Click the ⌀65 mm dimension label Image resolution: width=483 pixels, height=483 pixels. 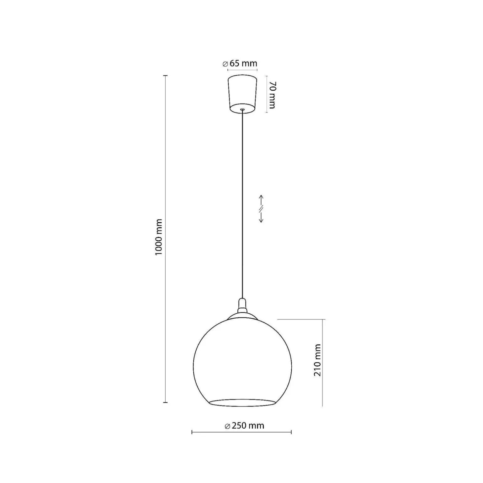240,63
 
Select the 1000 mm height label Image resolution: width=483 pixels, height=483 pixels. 159,237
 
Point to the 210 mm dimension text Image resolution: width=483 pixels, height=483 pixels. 317,360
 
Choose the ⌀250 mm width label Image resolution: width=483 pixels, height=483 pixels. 245,426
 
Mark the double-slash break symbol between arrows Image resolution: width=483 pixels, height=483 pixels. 261,209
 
